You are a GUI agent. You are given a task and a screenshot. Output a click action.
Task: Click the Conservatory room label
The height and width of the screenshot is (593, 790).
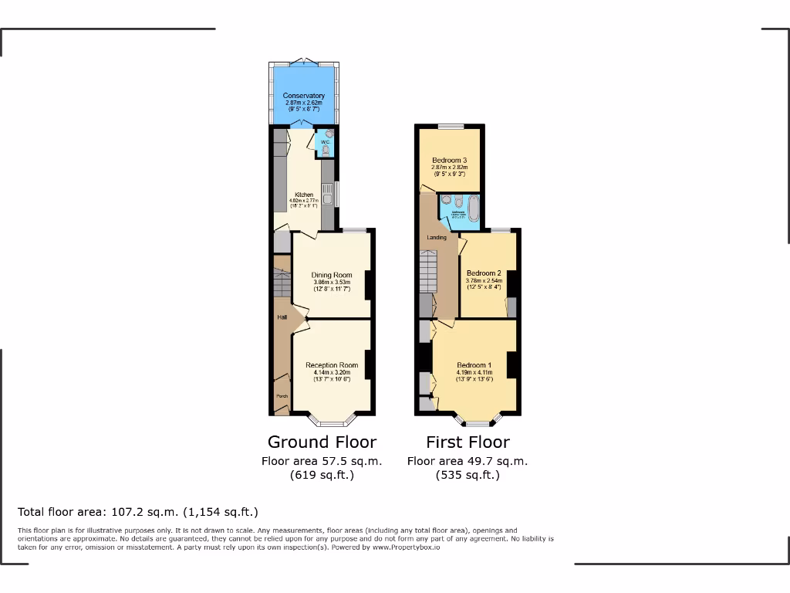pyautogui.click(x=304, y=96)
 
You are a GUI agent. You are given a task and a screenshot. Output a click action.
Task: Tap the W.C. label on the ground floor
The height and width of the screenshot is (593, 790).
pyautogui.click(x=326, y=142)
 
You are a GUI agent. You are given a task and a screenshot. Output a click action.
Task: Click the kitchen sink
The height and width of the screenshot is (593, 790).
pyautogui.click(x=328, y=194)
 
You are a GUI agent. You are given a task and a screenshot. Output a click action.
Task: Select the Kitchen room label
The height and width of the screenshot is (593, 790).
pyautogui.click(x=304, y=195)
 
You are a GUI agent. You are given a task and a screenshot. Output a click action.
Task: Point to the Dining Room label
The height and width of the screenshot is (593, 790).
pyautogui.click(x=332, y=275)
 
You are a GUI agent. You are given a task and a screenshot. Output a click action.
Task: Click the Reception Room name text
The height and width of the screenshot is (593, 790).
pyautogui.click(x=332, y=365)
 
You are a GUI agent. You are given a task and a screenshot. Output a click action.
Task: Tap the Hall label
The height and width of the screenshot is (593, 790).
pyautogui.click(x=282, y=317)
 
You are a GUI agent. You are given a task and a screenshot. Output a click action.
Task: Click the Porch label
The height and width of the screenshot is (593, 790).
pyautogui.click(x=282, y=397)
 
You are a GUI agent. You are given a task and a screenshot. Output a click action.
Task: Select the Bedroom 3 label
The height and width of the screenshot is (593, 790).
pyautogui.click(x=450, y=161)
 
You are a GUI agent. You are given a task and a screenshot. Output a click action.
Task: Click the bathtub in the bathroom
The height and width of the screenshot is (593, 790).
pyautogui.click(x=473, y=208)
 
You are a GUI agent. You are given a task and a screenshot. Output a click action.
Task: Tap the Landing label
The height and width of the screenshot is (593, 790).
pyautogui.click(x=437, y=237)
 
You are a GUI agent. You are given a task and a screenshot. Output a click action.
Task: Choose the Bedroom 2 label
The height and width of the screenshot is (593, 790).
pyautogui.click(x=484, y=273)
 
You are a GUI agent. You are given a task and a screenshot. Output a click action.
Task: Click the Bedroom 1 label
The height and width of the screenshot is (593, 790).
pyautogui.click(x=474, y=365)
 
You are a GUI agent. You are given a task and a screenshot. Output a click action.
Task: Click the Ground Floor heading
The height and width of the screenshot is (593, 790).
pyautogui.click(x=322, y=442)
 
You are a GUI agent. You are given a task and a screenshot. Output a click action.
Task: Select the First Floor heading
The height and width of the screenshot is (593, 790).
pyautogui.click(x=468, y=442)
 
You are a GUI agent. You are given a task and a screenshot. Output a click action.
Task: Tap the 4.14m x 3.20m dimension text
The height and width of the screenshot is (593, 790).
pyautogui.click(x=332, y=372)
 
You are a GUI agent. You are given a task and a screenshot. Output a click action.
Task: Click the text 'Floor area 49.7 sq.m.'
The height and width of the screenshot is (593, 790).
pyautogui.click(x=468, y=461)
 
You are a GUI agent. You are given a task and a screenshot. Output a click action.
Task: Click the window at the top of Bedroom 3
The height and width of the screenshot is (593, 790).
pyautogui.click(x=451, y=126)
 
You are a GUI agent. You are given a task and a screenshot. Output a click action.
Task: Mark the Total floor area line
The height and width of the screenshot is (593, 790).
pyautogui.click(x=138, y=512)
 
